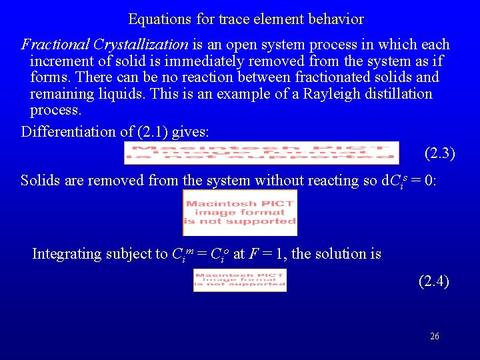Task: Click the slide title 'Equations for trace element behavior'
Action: [x=245, y=19]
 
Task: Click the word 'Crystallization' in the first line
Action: [x=141, y=45]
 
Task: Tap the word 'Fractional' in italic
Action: [x=56, y=45]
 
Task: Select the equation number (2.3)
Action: [x=439, y=153]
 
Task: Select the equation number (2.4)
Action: [x=433, y=281]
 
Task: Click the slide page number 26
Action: [x=435, y=337]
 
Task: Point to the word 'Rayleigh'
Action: [x=331, y=93]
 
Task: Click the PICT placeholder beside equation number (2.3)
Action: [x=261, y=153]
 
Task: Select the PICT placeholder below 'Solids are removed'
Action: [x=240, y=213]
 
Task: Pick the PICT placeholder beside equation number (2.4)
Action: [x=240, y=280]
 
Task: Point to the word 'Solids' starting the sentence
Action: [x=41, y=181]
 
